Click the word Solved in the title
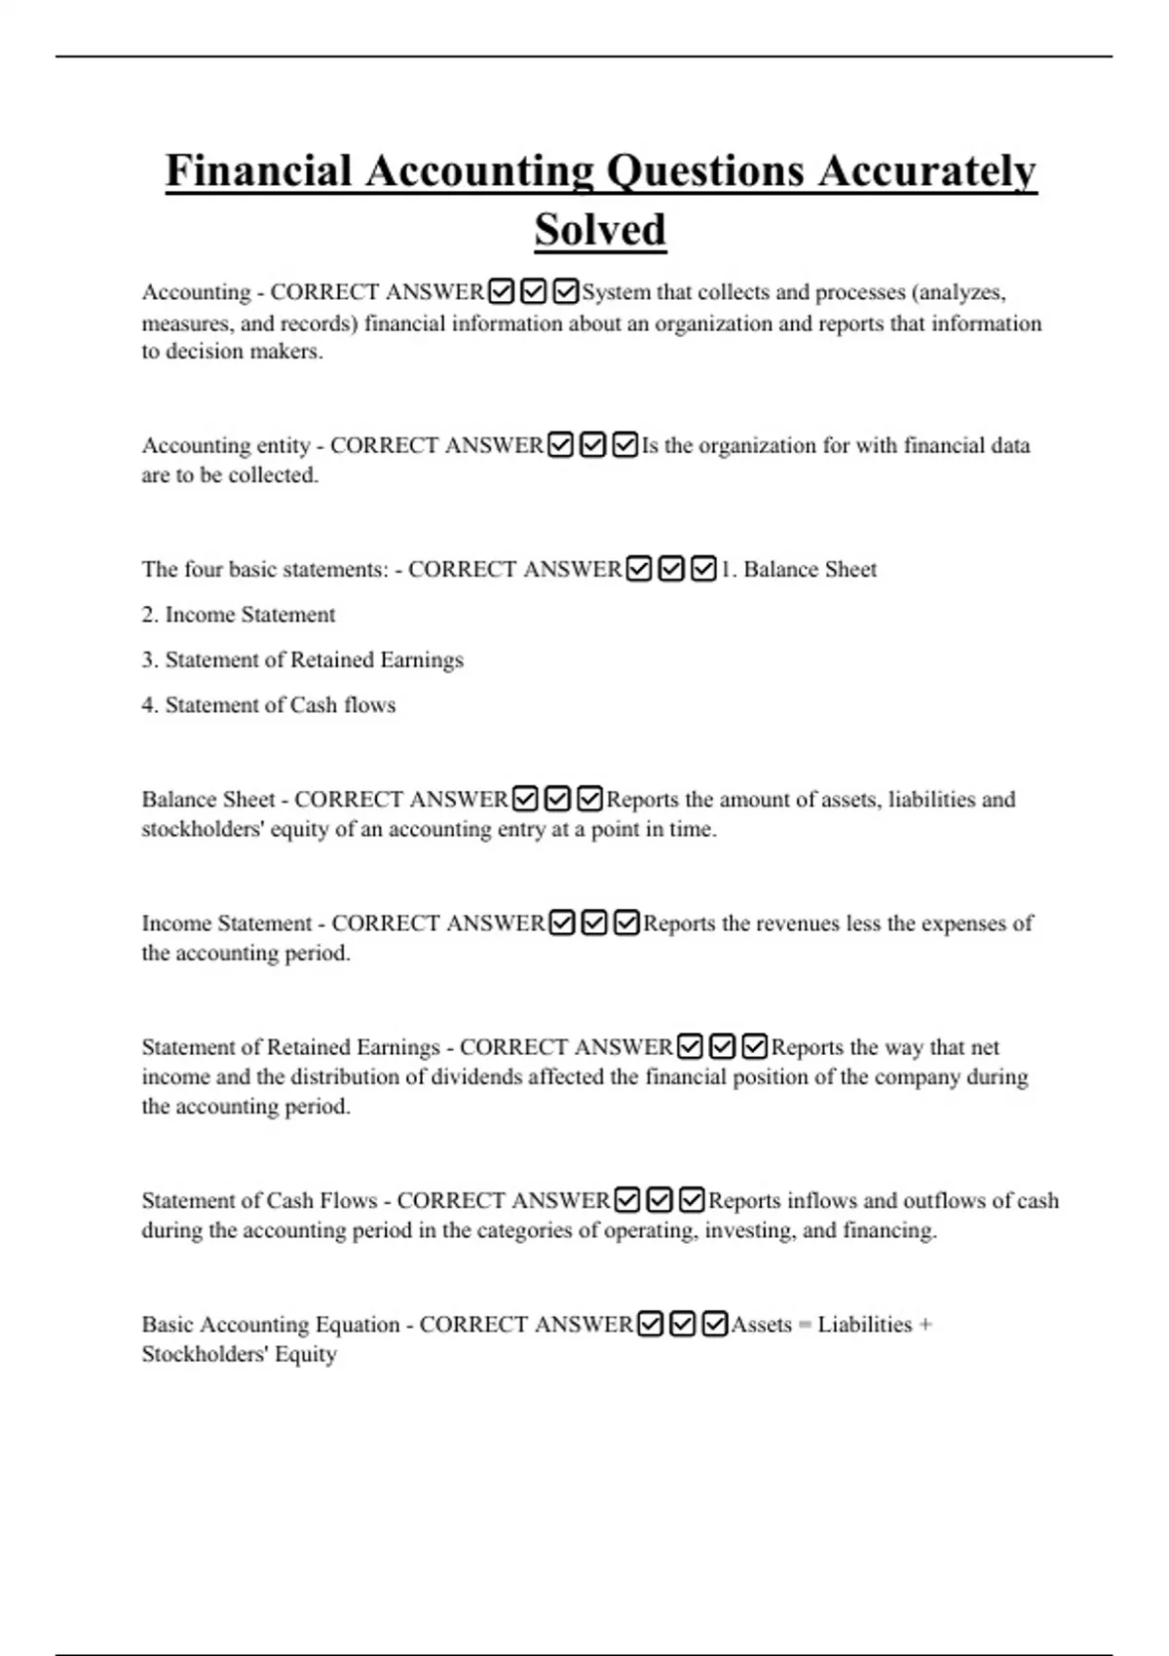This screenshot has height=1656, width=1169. [600, 230]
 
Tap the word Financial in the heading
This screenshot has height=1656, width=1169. [258, 170]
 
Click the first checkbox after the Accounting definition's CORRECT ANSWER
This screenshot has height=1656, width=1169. [501, 291]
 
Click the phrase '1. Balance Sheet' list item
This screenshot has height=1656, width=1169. [799, 569]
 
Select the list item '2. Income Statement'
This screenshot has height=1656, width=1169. [239, 615]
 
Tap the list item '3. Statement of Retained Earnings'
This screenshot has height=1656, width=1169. [303, 659]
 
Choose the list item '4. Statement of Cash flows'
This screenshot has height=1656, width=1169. [269, 705]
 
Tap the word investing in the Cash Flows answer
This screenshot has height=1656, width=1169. [749, 1230]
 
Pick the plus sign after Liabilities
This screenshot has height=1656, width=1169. [925, 1325]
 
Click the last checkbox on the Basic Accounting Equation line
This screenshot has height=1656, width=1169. [715, 1325]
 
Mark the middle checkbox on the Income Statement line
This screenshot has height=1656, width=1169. [594, 922]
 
